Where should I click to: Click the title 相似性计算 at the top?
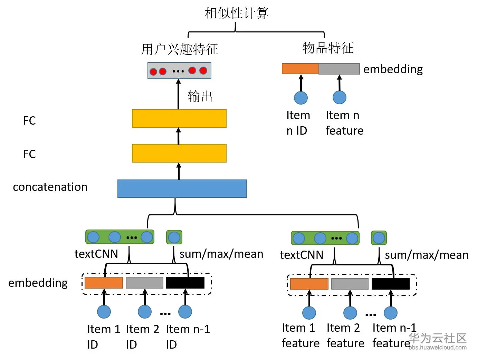(x=236, y=13)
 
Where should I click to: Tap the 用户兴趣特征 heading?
(x=180, y=49)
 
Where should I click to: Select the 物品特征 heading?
(x=328, y=48)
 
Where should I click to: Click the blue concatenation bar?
(x=182, y=188)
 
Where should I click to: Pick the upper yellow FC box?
(x=179, y=118)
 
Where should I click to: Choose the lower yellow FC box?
(x=179, y=153)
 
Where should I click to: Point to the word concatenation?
(x=50, y=187)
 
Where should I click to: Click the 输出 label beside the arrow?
(x=200, y=96)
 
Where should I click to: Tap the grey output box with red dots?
(x=179, y=71)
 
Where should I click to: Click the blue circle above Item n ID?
(x=300, y=98)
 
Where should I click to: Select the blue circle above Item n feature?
(x=339, y=98)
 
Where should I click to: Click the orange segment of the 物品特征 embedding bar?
(x=300, y=69)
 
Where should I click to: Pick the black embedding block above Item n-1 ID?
(x=185, y=283)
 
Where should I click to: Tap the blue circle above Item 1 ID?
(x=104, y=312)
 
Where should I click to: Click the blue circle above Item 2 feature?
(x=350, y=313)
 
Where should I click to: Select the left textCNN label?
(x=96, y=254)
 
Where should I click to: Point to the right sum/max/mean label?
(x=427, y=255)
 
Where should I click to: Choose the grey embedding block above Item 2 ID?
(x=144, y=283)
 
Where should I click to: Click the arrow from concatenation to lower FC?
(x=179, y=171)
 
